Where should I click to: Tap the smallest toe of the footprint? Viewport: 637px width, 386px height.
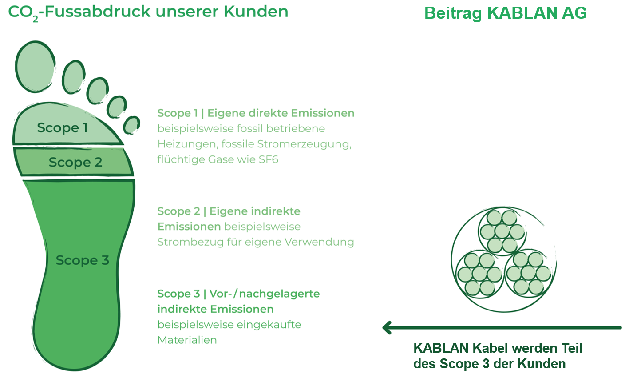pyautogui.click(x=131, y=125)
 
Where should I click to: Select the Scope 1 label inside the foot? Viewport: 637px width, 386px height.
pyautogui.click(x=62, y=128)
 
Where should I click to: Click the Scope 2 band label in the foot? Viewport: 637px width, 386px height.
pyautogui.click(x=75, y=163)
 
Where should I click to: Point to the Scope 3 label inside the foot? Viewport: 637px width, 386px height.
pyautogui.click(x=82, y=260)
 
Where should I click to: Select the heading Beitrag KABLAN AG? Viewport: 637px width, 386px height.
pyautogui.click(x=506, y=13)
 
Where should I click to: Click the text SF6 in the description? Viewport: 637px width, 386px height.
pyautogui.click(x=268, y=159)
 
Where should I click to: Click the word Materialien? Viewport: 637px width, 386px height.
pyautogui.click(x=187, y=340)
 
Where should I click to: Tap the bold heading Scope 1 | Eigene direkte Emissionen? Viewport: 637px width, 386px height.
pyautogui.click(x=256, y=113)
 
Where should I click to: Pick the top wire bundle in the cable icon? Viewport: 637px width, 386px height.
pyautogui.click(x=502, y=231)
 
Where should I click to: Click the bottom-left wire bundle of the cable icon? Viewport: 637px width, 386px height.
pyautogui.click(x=479, y=273)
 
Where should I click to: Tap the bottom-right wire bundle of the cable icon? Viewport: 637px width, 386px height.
pyautogui.click(x=528, y=273)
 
